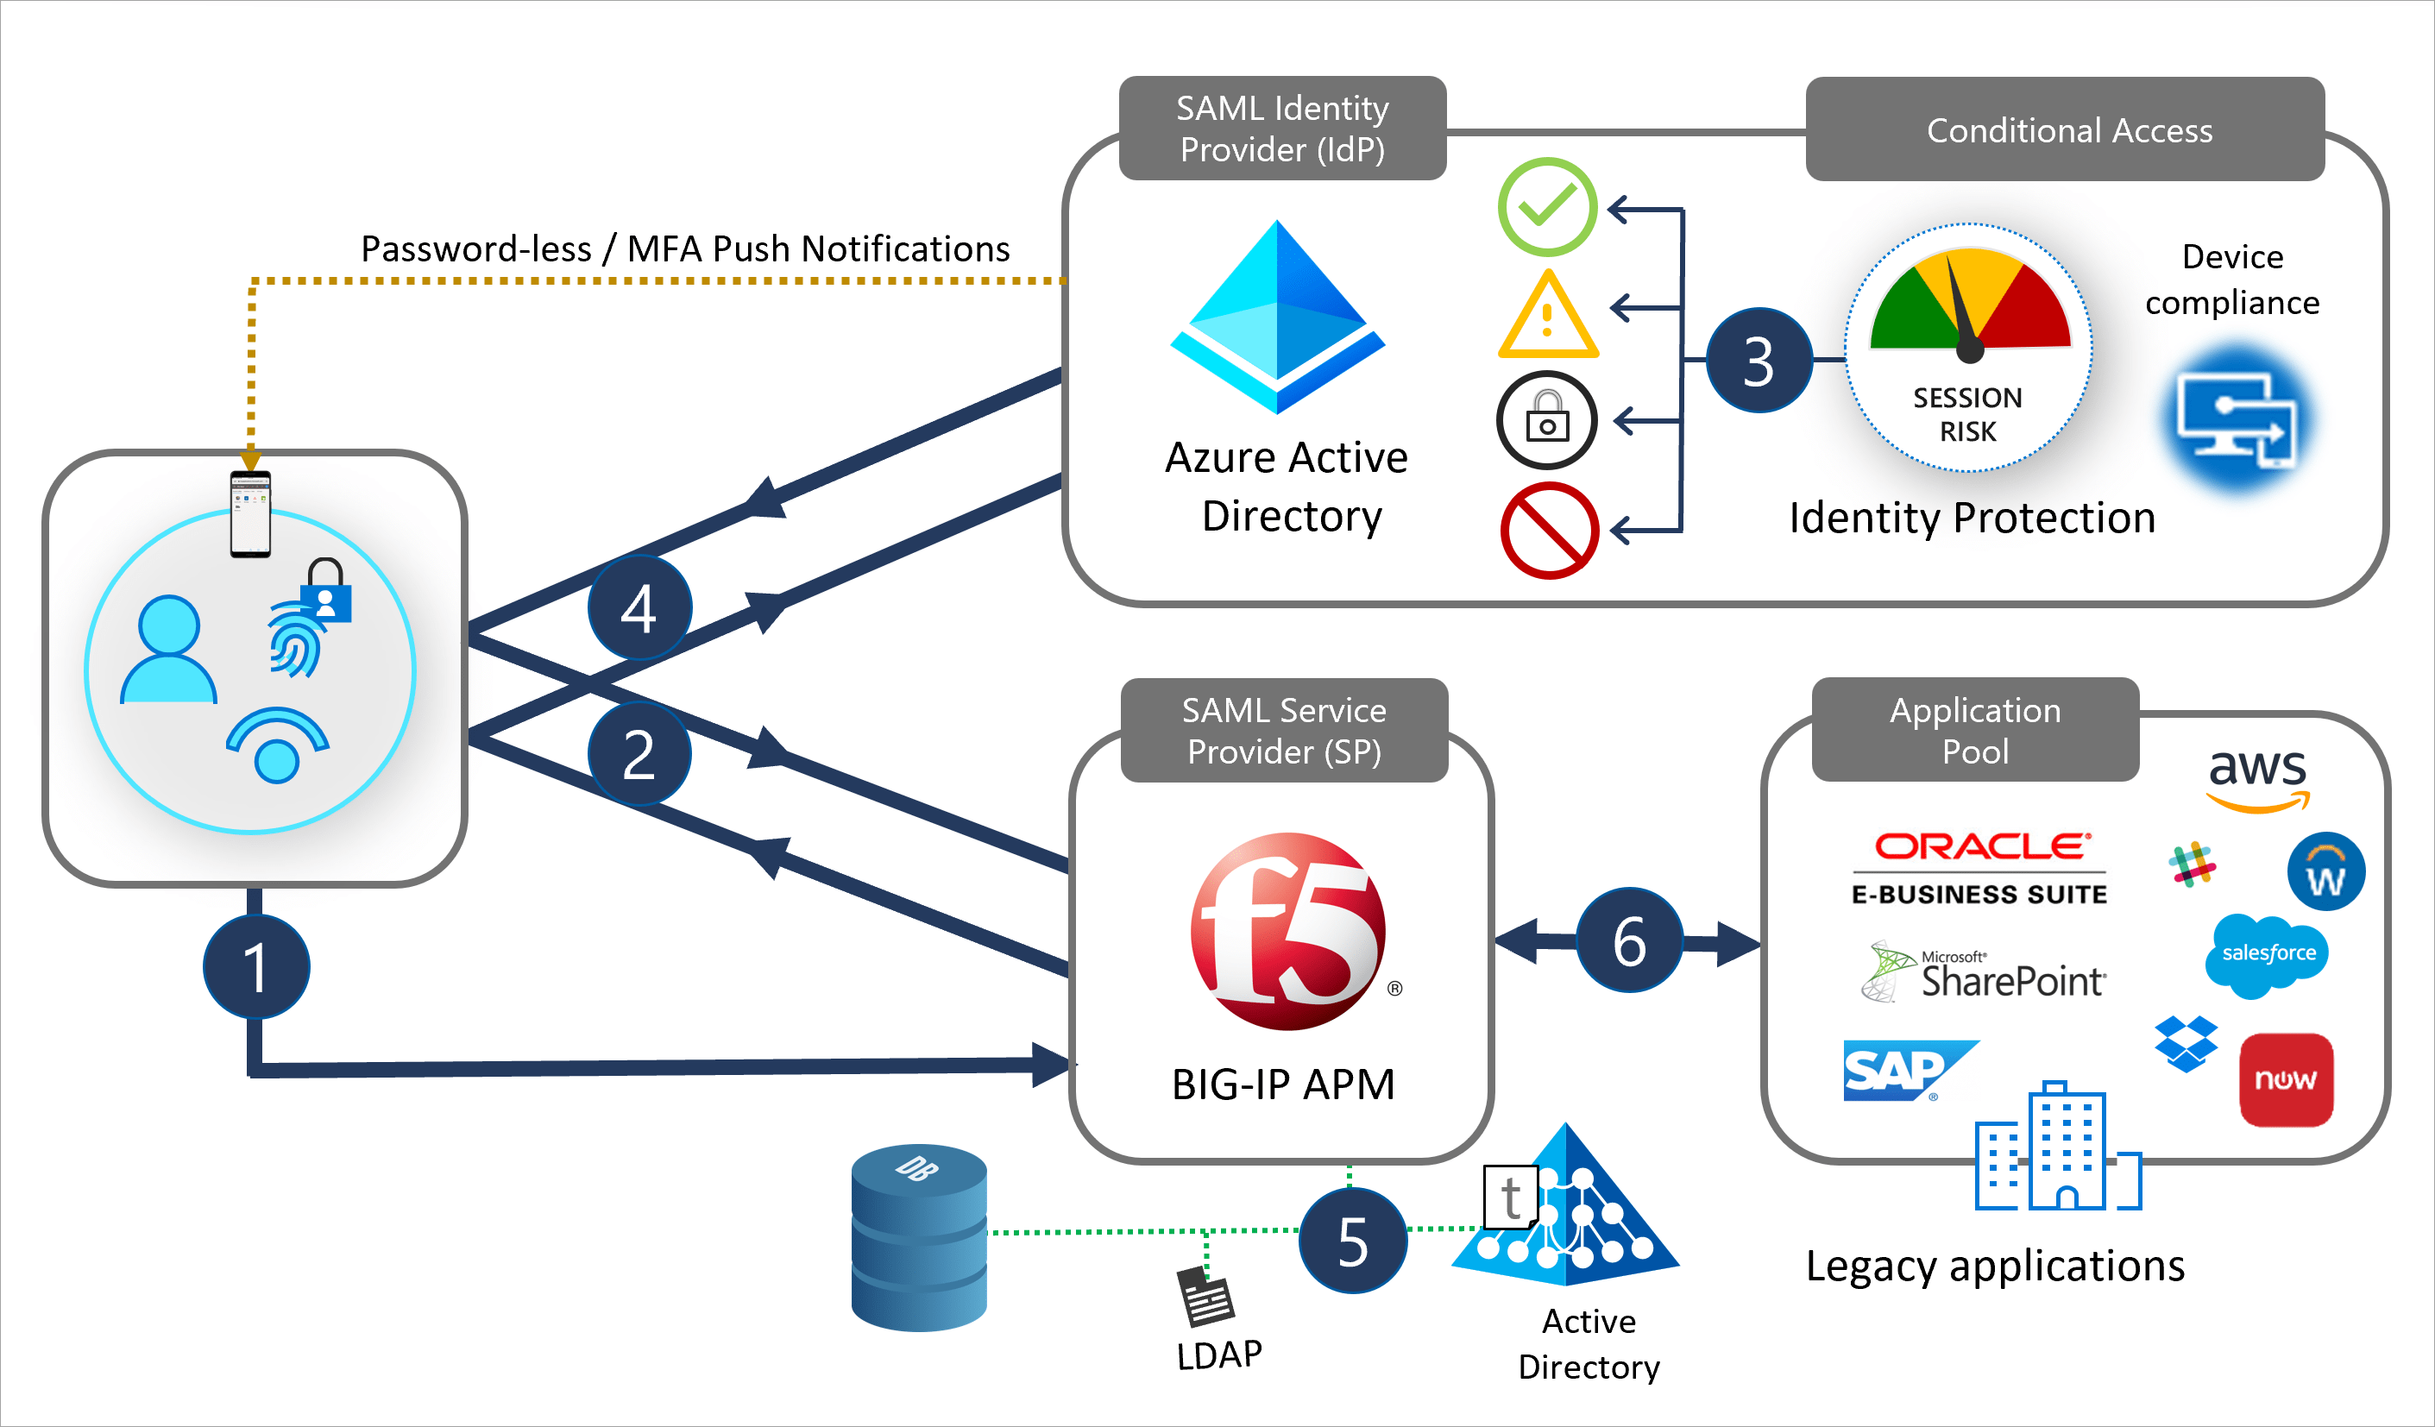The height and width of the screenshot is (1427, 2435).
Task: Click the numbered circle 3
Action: pos(1759,361)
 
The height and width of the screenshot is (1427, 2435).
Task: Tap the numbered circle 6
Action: pos(1629,940)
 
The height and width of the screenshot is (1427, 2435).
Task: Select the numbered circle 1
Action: pos(256,966)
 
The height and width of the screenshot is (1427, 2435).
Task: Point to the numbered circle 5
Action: pos(1353,1241)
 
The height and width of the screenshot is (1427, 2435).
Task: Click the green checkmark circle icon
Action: pos(1547,207)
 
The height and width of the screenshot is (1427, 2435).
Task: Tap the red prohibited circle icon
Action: pos(1549,531)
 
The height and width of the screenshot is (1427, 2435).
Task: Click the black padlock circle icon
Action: pos(1547,420)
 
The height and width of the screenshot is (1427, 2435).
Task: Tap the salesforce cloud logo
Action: pos(2267,954)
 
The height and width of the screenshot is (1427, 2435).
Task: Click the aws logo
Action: pos(2257,777)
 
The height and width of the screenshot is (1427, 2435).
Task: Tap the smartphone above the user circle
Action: pos(250,514)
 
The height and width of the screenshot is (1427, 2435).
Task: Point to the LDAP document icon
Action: pos(1205,1297)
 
